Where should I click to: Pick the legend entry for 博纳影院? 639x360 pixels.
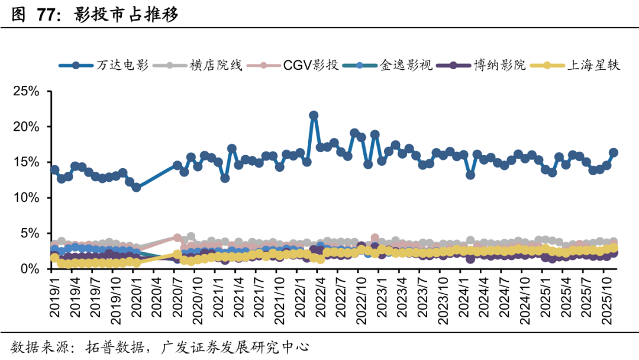498,65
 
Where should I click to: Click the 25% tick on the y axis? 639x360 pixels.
27,92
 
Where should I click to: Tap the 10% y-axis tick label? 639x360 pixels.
27,198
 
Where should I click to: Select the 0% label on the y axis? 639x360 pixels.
30,269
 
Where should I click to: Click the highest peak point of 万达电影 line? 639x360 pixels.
314,115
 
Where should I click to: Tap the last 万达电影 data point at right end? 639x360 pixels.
614,152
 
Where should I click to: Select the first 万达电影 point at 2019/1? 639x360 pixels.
54,170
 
